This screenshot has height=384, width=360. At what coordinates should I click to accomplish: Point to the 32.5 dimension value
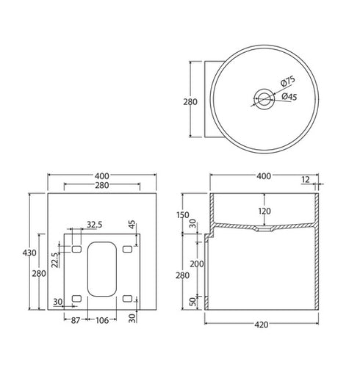click(94, 224)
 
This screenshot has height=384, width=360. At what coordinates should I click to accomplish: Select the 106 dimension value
click(103, 319)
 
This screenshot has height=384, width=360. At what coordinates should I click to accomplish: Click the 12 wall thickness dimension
click(304, 178)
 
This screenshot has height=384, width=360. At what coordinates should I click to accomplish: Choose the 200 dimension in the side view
click(196, 263)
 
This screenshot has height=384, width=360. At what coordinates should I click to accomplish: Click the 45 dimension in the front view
click(132, 225)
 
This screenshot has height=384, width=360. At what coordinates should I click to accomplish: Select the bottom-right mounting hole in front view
click(129, 297)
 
